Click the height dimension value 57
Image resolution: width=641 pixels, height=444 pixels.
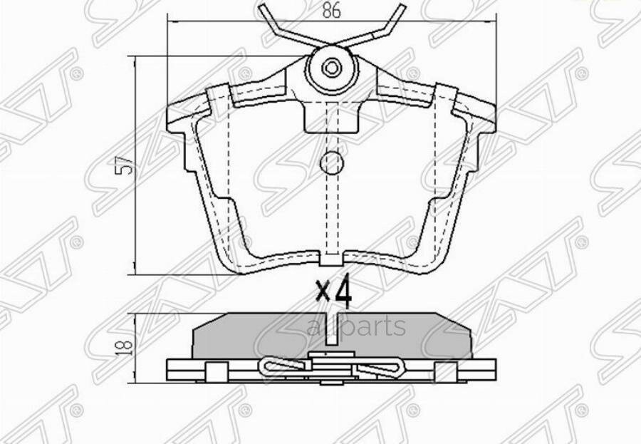(x=127, y=166)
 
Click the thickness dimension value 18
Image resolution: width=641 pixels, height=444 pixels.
(x=127, y=346)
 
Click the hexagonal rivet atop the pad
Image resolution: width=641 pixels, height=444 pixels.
(x=332, y=68)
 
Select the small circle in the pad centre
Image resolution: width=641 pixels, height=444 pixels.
(x=332, y=164)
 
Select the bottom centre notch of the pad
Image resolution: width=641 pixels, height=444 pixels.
(x=331, y=257)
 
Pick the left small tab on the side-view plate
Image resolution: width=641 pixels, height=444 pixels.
(x=213, y=370)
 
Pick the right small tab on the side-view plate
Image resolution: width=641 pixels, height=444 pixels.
(x=449, y=370)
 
